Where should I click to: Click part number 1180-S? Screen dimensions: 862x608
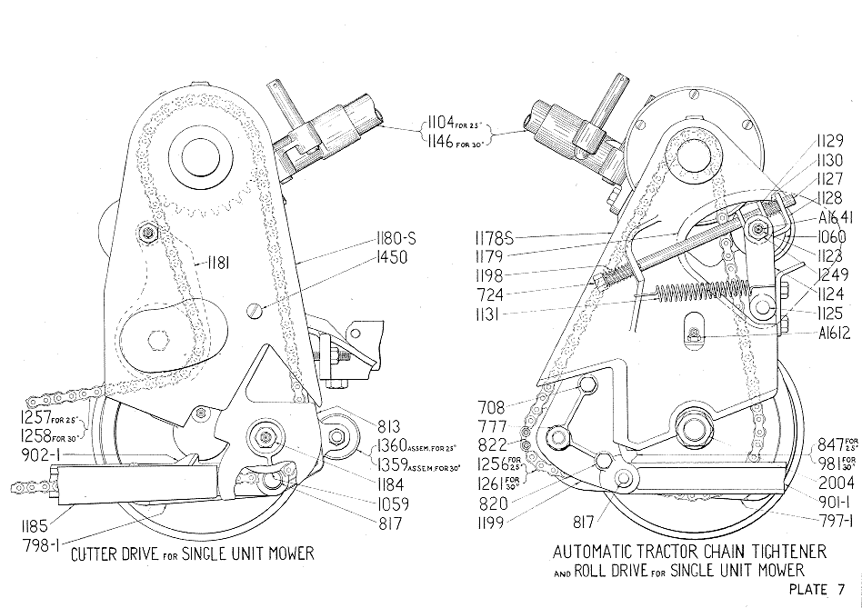tap(396, 239)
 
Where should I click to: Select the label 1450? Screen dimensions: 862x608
tap(392, 257)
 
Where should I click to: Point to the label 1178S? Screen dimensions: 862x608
tap(494, 238)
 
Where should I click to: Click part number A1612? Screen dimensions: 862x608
tap(834, 333)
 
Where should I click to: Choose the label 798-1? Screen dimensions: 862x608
tap(40, 545)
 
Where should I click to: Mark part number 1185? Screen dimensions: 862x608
tap(35, 526)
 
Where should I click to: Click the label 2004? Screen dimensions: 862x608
tap(837, 483)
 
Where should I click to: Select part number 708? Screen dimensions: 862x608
tap(491, 407)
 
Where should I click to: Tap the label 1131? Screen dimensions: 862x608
tap(489, 314)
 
